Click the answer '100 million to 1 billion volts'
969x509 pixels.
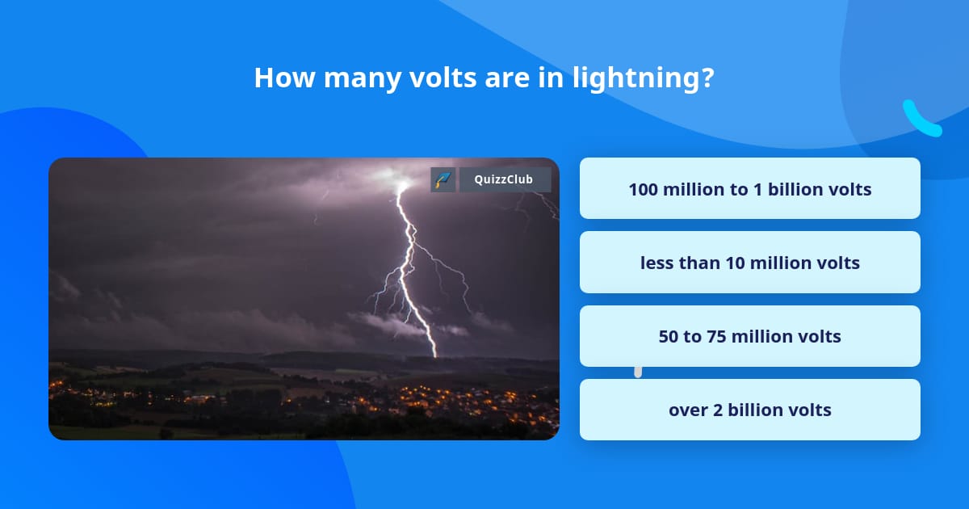coord(749,188)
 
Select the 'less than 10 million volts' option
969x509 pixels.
coord(749,263)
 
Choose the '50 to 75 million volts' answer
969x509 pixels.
coord(749,336)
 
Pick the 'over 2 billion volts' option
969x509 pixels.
coord(749,410)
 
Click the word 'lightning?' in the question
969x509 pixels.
coord(644,78)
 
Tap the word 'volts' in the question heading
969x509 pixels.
coord(443,78)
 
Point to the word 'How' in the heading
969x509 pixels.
coord(284,78)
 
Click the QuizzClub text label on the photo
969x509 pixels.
coord(504,179)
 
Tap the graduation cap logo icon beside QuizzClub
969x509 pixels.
coord(443,179)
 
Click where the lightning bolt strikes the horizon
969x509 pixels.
coord(435,356)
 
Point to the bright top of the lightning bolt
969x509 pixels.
coord(402,186)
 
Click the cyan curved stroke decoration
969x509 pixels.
coord(921,119)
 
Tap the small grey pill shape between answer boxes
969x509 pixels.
coord(638,372)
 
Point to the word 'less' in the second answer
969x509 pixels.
coord(656,263)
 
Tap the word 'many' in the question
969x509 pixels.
coord(362,78)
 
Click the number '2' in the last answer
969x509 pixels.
coord(718,410)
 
